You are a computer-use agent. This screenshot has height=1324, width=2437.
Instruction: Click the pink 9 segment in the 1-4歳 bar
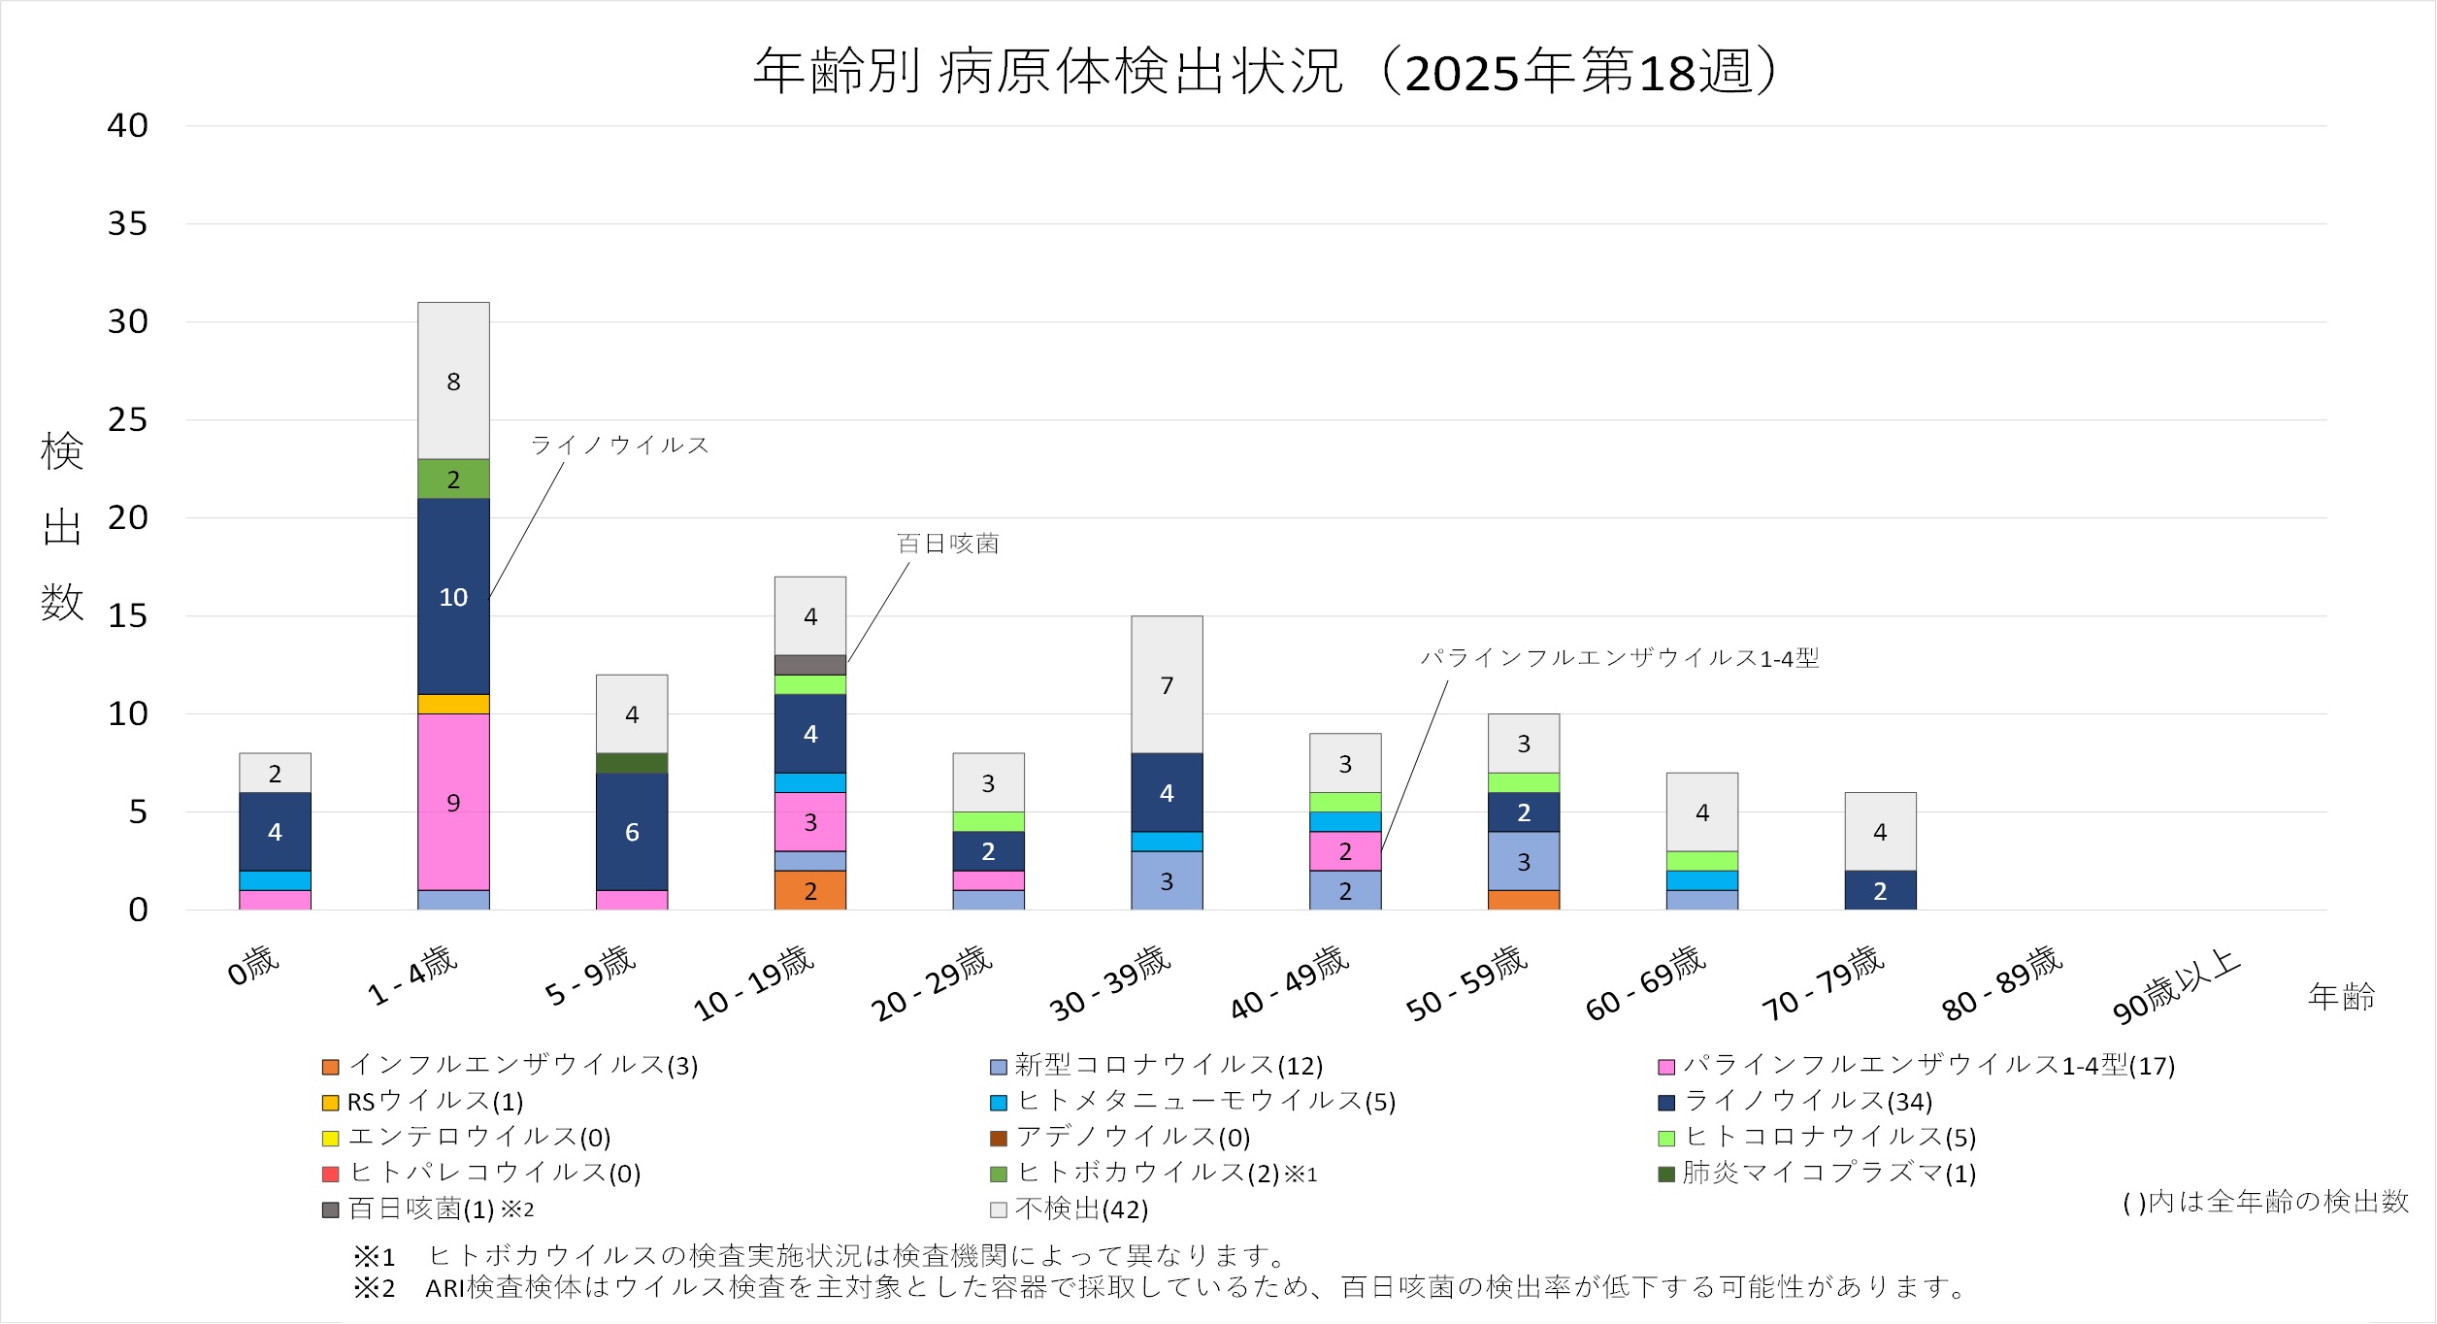point(453,802)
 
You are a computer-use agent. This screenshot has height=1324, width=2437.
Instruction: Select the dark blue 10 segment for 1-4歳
point(453,596)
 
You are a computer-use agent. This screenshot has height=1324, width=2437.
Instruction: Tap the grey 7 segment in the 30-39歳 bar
point(1167,684)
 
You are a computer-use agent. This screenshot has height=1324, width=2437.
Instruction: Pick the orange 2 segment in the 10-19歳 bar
point(810,890)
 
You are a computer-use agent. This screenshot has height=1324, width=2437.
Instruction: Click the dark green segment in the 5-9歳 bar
point(632,763)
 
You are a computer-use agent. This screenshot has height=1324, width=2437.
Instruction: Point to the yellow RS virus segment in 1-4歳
point(453,704)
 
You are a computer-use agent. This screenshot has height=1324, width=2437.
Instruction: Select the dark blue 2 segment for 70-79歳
point(1880,890)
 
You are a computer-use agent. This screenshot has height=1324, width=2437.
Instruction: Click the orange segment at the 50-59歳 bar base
point(1524,900)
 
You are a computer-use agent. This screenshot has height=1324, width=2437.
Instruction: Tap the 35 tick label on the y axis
point(127,224)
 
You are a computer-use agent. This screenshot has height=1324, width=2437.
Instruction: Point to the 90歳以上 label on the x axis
point(2176,986)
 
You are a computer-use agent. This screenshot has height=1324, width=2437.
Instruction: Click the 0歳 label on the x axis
point(253,965)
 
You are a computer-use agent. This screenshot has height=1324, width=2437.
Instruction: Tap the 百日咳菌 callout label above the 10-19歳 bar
point(947,544)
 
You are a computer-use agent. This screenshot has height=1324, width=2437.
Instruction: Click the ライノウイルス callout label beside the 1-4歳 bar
point(619,446)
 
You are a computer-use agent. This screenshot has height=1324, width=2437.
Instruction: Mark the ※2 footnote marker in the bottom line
point(375,1288)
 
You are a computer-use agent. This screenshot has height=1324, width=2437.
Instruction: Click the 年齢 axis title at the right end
point(2341,997)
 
